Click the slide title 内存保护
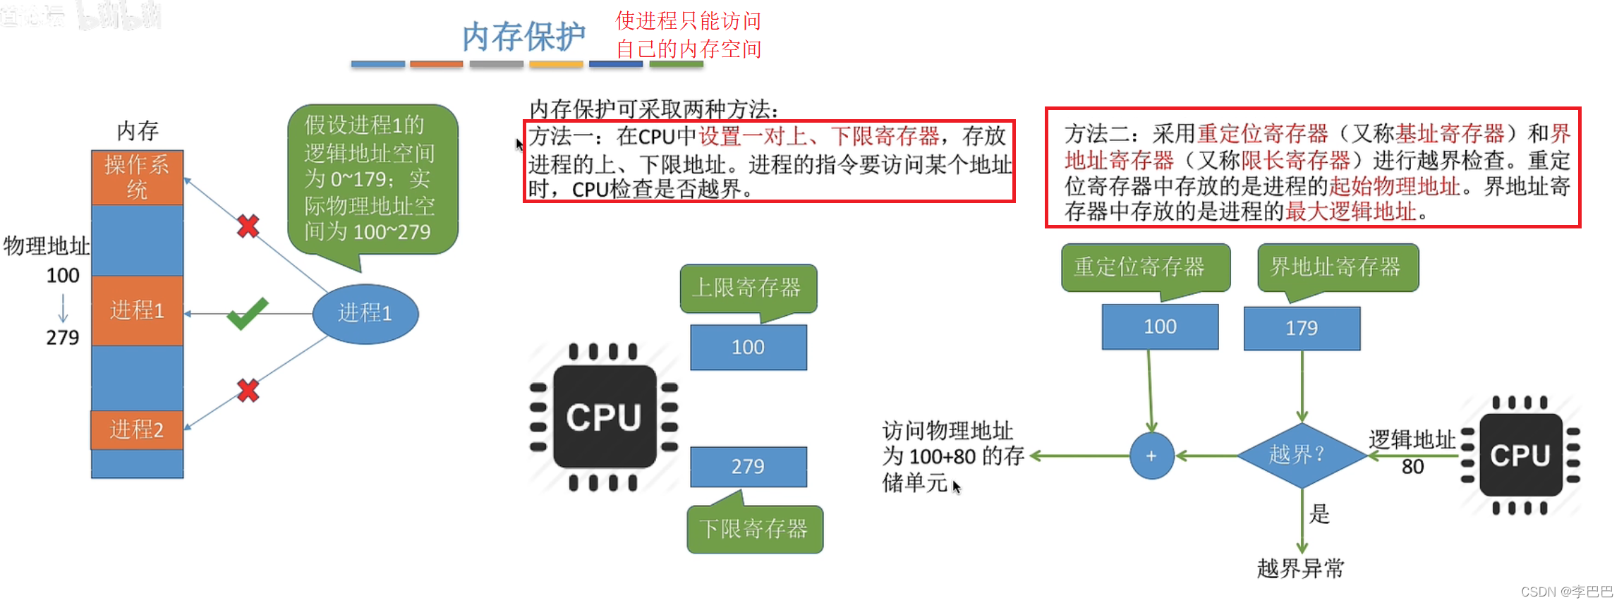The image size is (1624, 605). (x=523, y=37)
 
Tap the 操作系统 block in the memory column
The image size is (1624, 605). (x=137, y=177)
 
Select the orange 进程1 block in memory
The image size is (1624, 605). (x=137, y=310)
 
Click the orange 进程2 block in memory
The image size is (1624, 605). (x=137, y=429)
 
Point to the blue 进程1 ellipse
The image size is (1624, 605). (x=365, y=313)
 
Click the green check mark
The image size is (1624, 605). (x=247, y=313)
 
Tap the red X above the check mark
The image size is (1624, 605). (x=248, y=226)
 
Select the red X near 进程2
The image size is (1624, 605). (x=248, y=390)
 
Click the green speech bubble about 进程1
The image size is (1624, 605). (x=372, y=179)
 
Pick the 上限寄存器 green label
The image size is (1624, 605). (x=747, y=288)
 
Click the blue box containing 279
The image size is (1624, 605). (x=748, y=467)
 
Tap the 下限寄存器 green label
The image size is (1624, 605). (x=754, y=529)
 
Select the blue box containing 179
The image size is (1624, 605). (x=1302, y=329)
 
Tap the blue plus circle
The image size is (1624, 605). (x=1151, y=456)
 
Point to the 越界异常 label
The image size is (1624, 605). (x=1301, y=568)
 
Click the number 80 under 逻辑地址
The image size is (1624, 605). (x=1412, y=467)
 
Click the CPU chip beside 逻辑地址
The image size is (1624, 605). (x=1520, y=456)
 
